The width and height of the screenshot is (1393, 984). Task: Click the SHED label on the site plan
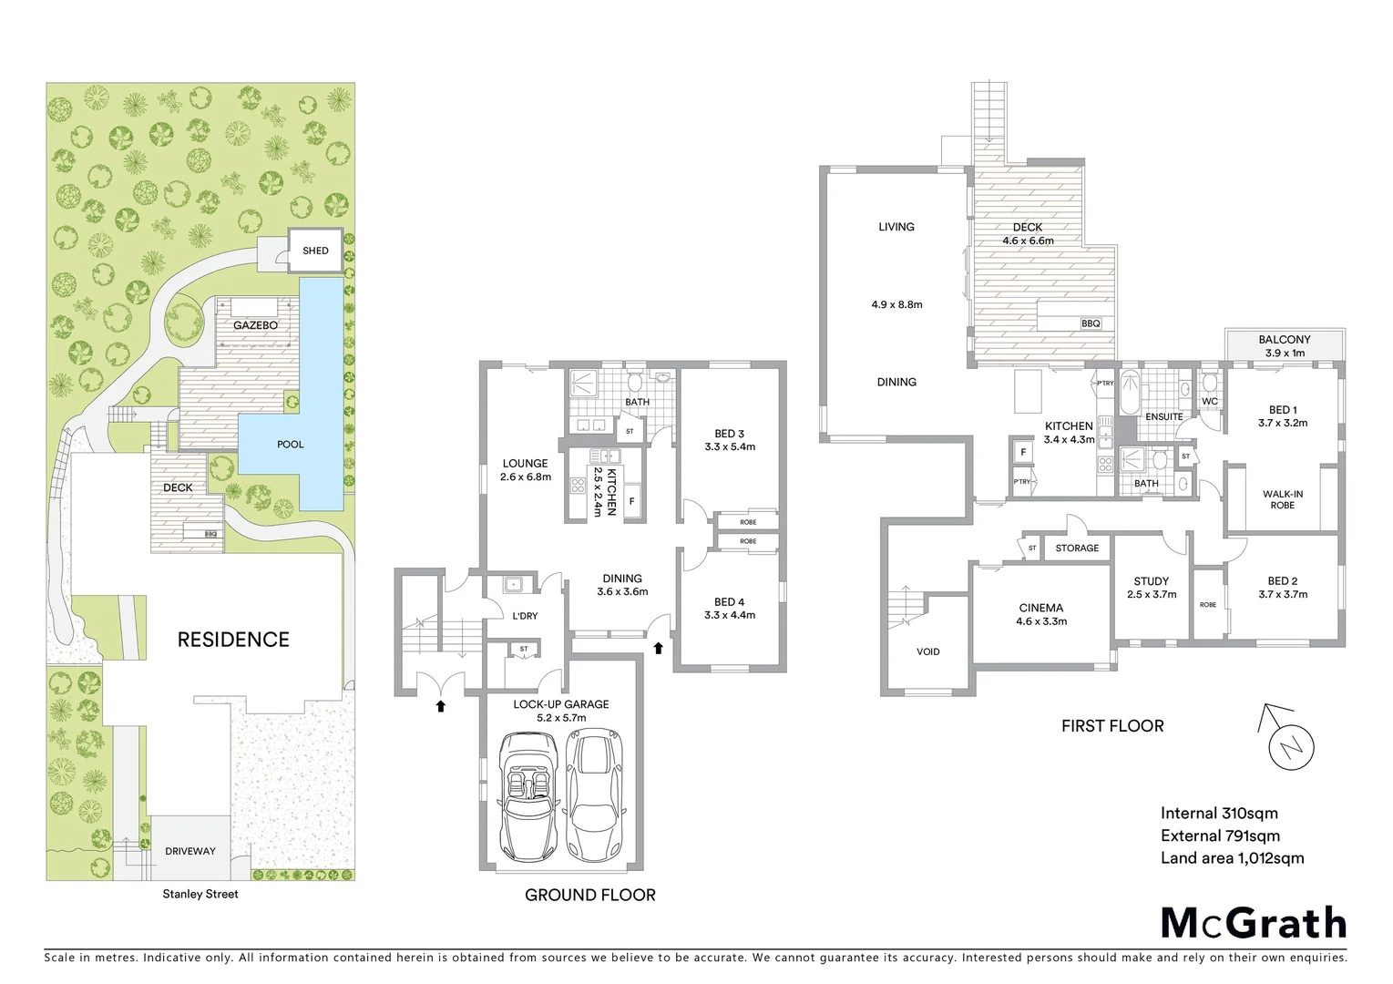(315, 251)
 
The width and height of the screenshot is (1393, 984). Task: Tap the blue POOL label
(291, 445)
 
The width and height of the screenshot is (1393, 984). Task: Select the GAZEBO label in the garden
(255, 325)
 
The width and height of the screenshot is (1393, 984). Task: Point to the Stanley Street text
(200, 894)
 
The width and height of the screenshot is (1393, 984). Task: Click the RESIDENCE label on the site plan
(233, 640)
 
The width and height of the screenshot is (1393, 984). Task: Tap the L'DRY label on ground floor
(525, 616)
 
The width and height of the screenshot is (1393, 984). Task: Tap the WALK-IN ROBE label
(1283, 499)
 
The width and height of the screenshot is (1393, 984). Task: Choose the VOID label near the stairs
(928, 651)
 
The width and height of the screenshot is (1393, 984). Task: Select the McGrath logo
(1253, 923)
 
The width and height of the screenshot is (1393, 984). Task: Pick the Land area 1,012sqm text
(1232, 857)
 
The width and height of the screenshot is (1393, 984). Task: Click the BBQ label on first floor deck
(1091, 323)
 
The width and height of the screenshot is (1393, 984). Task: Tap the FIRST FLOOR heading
(1112, 726)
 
